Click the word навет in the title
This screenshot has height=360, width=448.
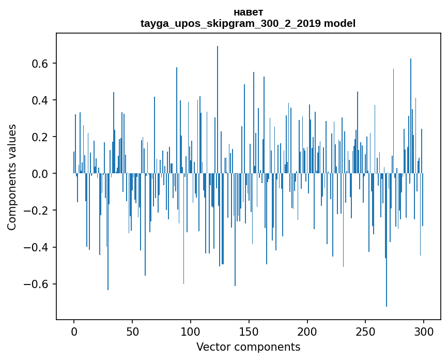248,12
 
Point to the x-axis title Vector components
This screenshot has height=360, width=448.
248,347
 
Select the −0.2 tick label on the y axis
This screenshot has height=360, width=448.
37,211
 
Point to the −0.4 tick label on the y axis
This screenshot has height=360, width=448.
37,247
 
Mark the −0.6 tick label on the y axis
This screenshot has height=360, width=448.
37,284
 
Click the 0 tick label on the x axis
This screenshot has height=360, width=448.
74,331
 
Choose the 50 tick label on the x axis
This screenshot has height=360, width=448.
132,331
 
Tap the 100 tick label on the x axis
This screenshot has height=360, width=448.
191,331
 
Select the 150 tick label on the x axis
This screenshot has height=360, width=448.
249,331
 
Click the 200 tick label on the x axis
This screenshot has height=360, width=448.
307,331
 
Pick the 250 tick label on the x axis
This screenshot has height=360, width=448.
366,331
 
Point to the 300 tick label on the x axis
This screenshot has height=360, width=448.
424,331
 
